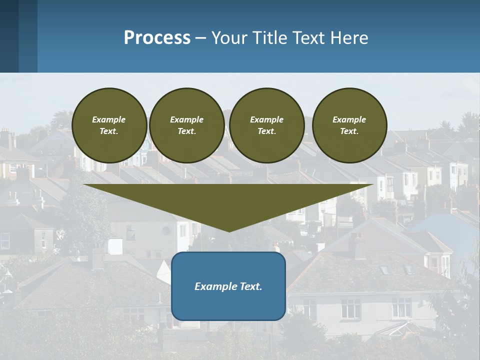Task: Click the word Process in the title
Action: (157, 38)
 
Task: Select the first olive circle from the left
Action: (109, 125)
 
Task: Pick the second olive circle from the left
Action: (187, 125)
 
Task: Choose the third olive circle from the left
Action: (267, 125)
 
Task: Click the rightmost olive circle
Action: (349, 125)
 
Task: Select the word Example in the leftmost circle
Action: (109, 119)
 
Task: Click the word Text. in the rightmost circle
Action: (349, 131)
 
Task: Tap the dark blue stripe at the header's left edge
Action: (9, 36)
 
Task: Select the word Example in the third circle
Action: (267, 119)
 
